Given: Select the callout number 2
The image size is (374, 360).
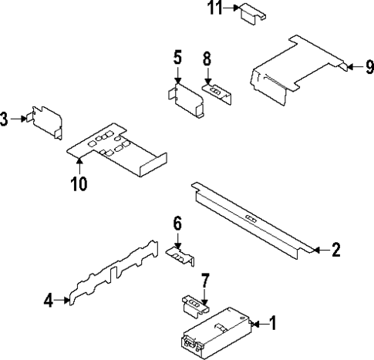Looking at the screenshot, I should click(335, 249).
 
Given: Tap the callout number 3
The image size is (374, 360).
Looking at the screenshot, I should click(5, 119).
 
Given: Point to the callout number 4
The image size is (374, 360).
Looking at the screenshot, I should click(49, 301).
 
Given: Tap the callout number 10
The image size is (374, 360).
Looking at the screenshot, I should click(79, 183).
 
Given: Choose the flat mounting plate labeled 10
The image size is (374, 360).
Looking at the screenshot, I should click(116, 146).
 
